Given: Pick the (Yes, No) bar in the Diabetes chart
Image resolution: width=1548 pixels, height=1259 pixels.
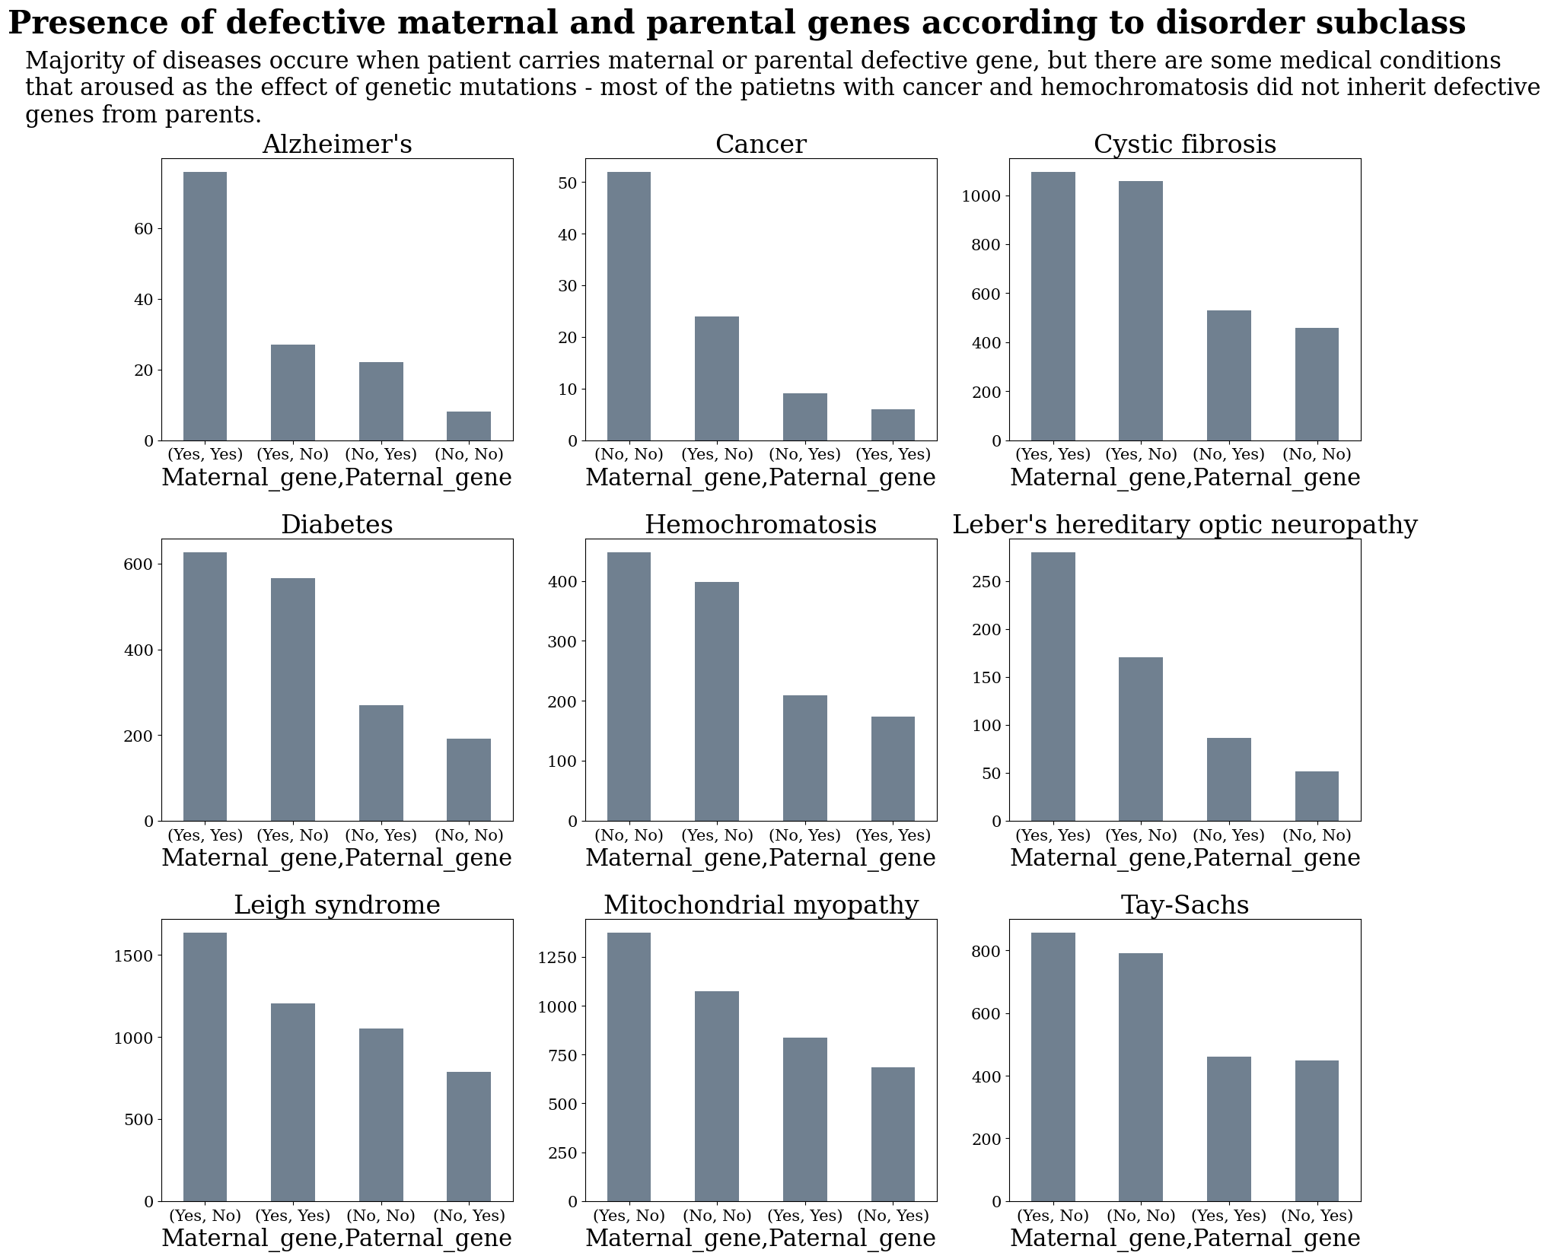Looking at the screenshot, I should coord(293,699).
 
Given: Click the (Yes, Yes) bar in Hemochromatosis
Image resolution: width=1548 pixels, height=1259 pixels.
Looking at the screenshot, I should coord(893,768).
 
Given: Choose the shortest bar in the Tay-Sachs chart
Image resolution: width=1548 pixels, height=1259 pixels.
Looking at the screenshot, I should coord(1316,1130).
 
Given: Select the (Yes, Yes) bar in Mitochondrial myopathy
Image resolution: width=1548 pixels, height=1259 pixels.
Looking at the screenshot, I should coord(804,1119).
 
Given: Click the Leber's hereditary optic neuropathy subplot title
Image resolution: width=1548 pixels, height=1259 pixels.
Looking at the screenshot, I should coord(1184,526).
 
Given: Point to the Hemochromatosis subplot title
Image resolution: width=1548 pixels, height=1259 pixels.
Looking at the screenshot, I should coord(760,526).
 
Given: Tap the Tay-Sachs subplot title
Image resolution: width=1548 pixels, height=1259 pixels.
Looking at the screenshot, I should coord(1184,905).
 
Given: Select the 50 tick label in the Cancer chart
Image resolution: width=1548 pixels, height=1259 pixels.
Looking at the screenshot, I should coord(567,183).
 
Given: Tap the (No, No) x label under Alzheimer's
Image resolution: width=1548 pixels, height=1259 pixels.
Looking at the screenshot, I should coord(469,455).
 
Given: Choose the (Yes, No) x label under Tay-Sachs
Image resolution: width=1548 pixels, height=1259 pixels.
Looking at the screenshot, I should coord(1053,1216).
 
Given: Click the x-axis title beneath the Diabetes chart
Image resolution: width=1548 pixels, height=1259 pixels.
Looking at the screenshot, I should coord(336,858).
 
